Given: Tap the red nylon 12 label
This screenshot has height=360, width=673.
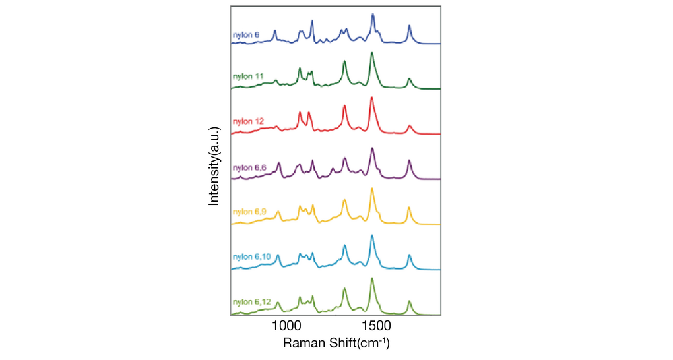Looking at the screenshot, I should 248,121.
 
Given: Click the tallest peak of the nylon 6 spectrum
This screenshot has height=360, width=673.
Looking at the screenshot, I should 373,14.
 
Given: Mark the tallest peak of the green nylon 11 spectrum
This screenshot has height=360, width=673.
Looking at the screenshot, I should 372,53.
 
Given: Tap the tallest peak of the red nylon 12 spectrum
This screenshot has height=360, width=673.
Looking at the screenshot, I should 372,98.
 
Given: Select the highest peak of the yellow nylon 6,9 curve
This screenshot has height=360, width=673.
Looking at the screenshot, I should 373,190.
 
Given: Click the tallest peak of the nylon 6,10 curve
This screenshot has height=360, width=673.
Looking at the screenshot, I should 373,235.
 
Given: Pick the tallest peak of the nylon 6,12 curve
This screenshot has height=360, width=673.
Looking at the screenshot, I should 373,278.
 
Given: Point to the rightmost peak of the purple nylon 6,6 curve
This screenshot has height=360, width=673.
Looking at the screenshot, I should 409,160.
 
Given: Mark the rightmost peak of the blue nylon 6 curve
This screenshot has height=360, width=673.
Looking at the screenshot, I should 409,26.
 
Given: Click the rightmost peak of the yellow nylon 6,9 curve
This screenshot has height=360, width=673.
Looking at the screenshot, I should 409,208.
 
